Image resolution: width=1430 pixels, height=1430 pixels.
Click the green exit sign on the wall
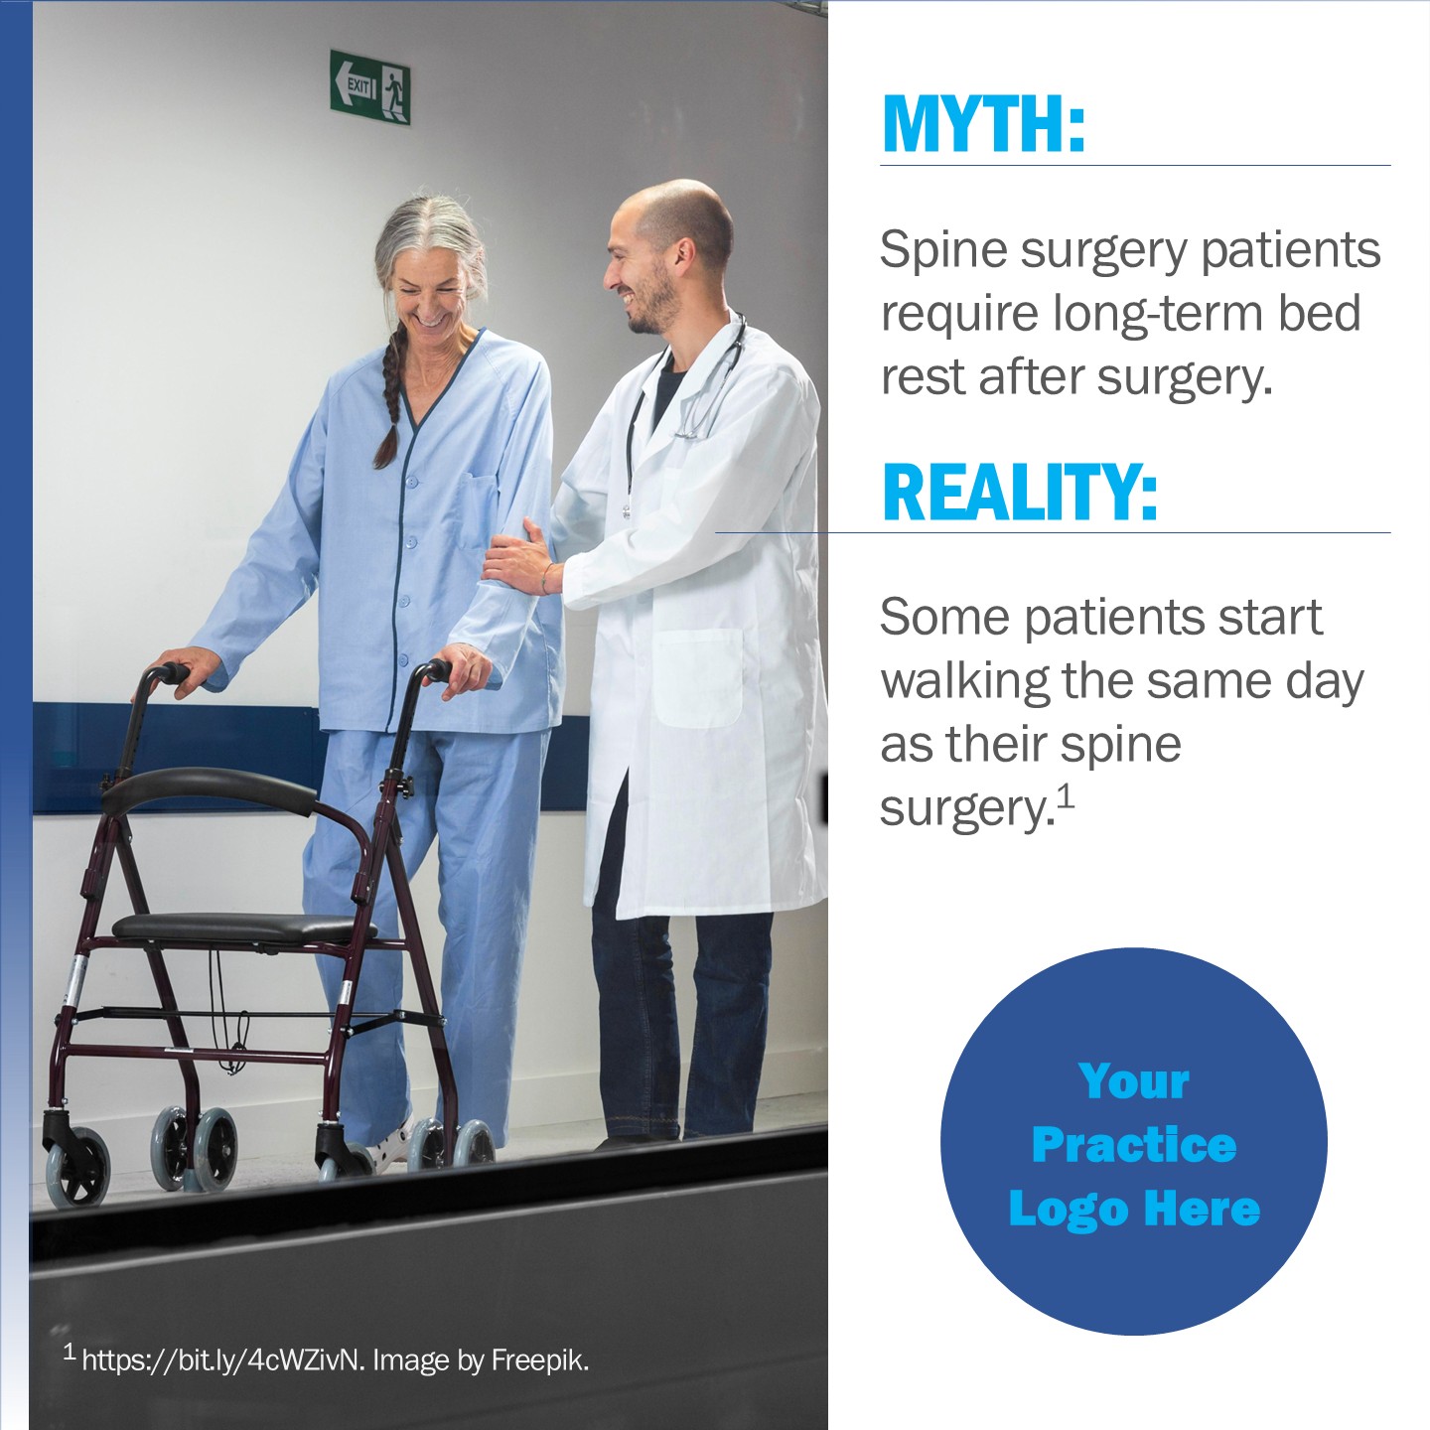(369, 87)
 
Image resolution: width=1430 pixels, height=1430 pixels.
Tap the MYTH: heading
(983, 124)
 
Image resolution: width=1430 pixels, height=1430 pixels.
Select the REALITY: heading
(1019, 492)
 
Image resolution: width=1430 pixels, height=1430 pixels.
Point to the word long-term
(1159, 314)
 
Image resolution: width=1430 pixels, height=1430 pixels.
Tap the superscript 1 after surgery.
(1067, 796)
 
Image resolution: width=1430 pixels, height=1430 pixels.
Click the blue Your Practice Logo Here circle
(1133, 1144)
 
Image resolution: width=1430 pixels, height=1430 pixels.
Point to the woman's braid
(390, 397)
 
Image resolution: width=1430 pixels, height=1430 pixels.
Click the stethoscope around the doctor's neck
(686, 401)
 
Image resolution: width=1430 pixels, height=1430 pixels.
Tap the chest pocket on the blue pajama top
(475, 512)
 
